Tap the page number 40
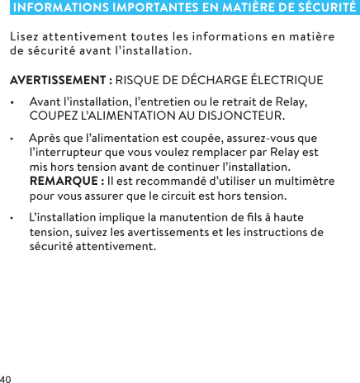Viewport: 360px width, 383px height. click(x=7, y=377)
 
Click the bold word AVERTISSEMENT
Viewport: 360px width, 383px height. click(x=55, y=81)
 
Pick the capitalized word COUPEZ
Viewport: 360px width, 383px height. click(x=51, y=115)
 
